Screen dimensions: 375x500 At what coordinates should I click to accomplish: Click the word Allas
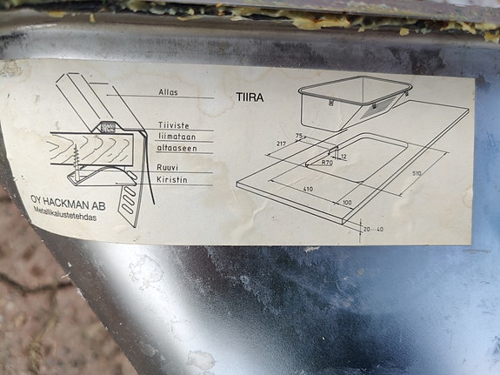tap(169, 91)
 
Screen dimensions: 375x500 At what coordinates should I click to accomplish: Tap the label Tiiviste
tap(174, 125)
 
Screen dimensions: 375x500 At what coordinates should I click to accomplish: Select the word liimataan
tap(177, 137)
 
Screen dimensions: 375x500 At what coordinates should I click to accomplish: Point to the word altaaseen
tap(177, 148)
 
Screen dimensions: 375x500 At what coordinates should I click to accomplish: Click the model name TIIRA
tap(249, 97)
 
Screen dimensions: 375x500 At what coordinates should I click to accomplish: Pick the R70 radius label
tap(327, 163)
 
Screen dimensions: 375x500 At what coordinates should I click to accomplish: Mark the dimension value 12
tap(343, 157)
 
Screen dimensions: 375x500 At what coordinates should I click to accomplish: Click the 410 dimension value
tap(308, 188)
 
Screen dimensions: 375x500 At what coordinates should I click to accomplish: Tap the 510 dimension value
tap(417, 172)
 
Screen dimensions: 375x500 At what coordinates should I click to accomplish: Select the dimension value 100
tap(347, 203)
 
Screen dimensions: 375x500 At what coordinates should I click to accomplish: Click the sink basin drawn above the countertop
tap(348, 103)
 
